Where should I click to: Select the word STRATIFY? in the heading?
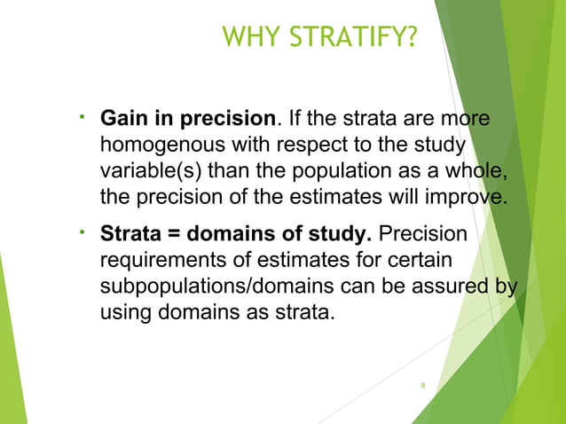(x=354, y=37)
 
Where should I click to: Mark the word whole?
(x=477, y=169)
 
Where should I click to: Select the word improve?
(x=476, y=194)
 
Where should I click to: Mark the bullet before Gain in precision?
(x=82, y=116)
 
